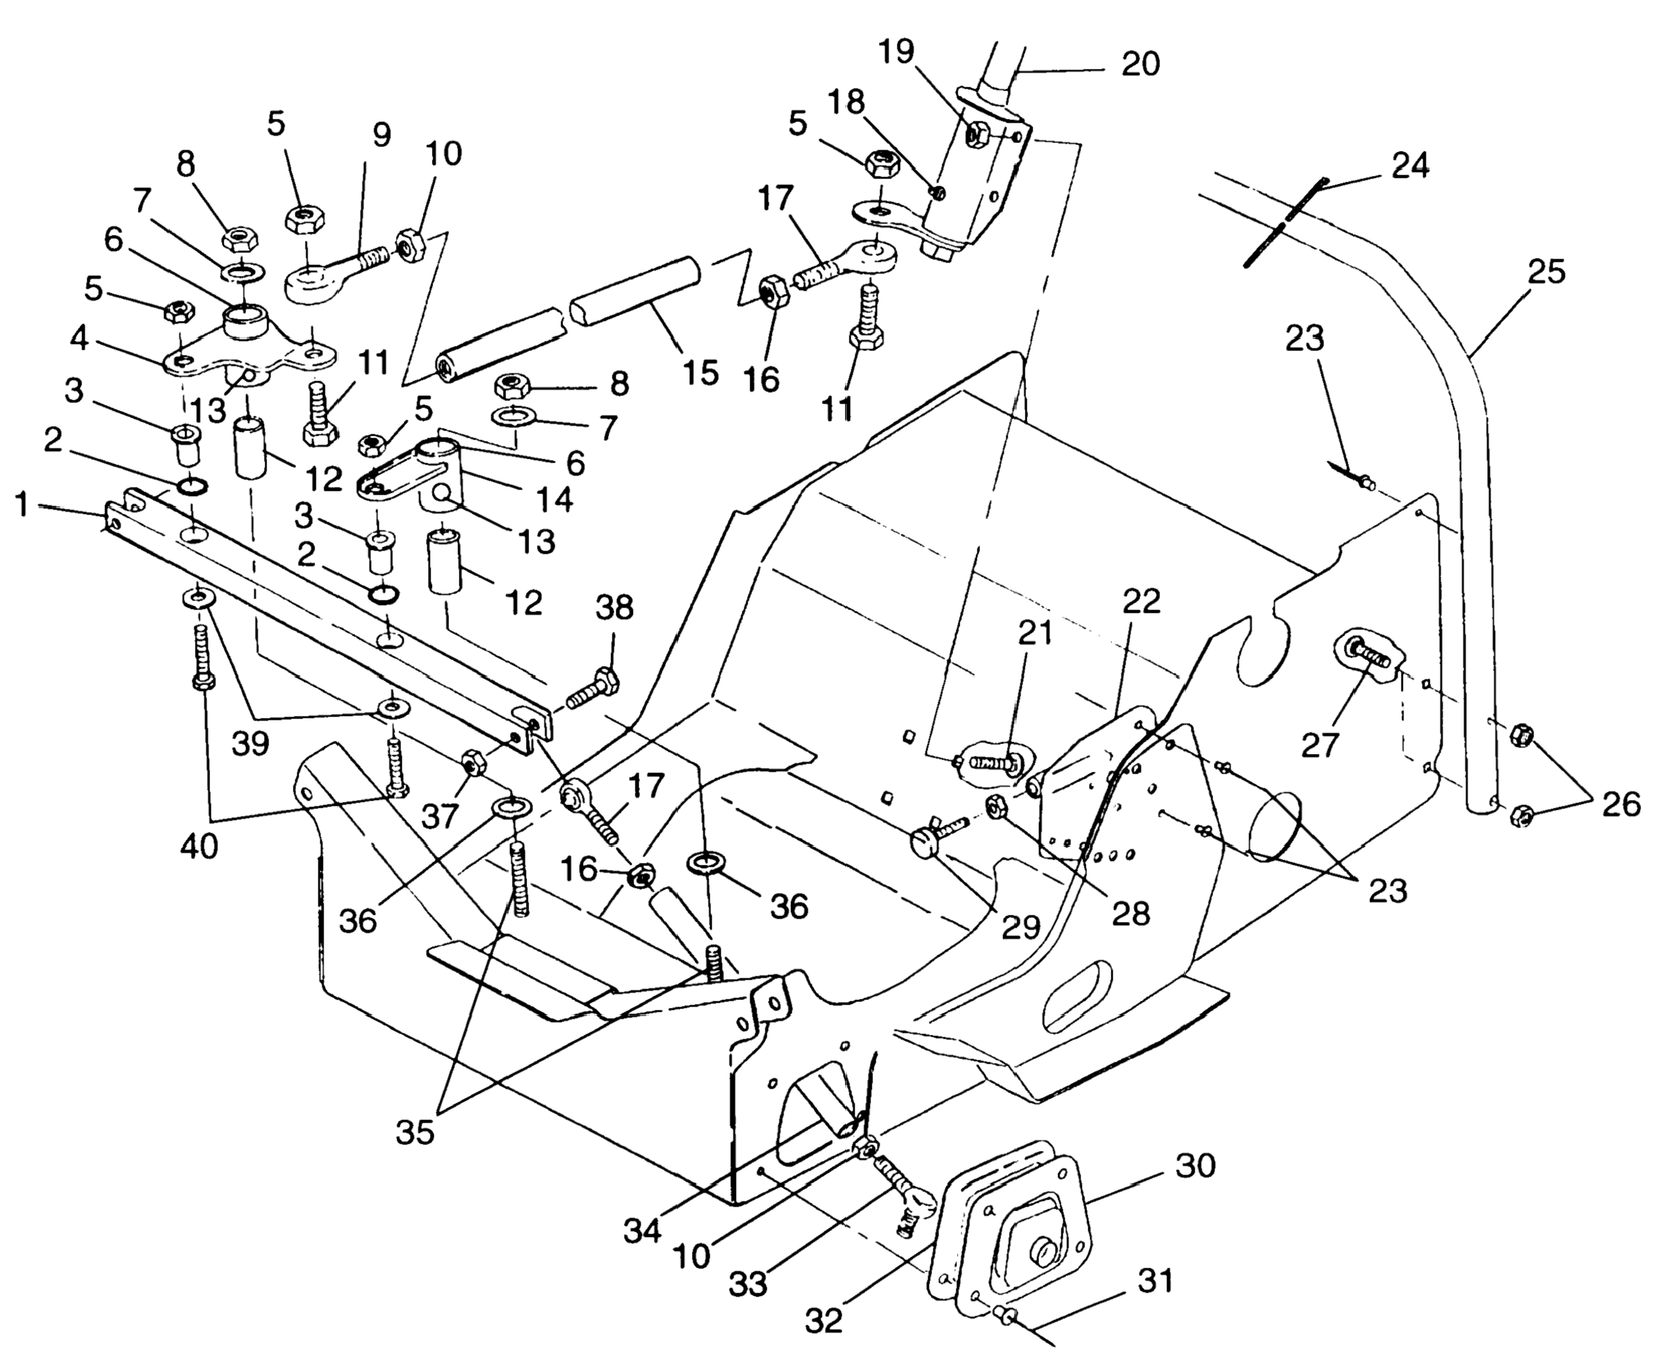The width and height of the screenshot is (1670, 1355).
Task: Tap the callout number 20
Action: click(x=1141, y=64)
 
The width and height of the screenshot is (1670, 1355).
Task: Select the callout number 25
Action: click(x=1547, y=272)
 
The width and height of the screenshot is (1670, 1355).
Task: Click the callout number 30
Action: click(x=1195, y=1166)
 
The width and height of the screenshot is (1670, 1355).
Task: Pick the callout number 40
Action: click(x=198, y=846)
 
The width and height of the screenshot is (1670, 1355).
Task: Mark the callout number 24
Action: click(x=1410, y=165)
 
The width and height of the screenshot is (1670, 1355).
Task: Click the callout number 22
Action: click(x=1142, y=601)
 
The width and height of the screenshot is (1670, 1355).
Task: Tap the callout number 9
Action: click(x=381, y=135)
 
